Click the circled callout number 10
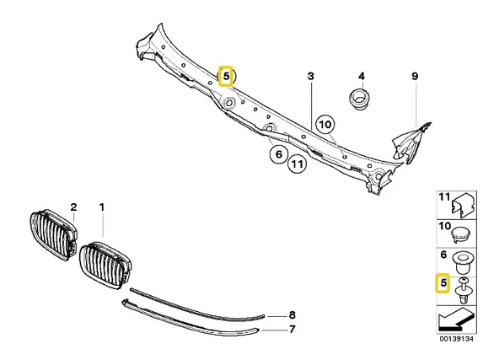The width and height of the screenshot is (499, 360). pyautogui.click(x=325, y=125)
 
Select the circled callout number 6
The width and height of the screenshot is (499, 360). pyautogui.click(x=279, y=154)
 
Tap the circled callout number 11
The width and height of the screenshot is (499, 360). pyautogui.click(x=297, y=164)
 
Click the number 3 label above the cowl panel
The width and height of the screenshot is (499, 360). pyautogui.click(x=310, y=77)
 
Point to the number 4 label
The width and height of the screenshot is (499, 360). pyautogui.click(x=362, y=77)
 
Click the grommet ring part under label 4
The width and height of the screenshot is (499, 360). pyautogui.click(x=359, y=99)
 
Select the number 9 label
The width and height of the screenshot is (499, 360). pyautogui.click(x=415, y=77)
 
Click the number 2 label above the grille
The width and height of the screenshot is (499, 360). pyautogui.click(x=73, y=207)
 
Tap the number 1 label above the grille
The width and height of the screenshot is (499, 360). pyautogui.click(x=102, y=207)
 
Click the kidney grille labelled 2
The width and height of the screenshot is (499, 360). pyautogui.click(x=53, y=234)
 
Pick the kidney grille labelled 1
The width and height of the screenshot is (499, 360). pyautogui.click(x=105, y=265)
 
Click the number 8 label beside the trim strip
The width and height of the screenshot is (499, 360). pyautogui.click(x=292, y=315)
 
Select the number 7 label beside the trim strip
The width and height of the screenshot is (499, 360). pyautogui.click(x=292, y=329)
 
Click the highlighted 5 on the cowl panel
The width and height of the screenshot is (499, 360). pyautogui.click(x=226, y=77)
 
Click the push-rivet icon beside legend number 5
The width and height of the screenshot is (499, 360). pyautogui.click(x=463, y=291)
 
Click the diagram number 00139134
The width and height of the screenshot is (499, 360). pyautogui.click(x=456, y=339)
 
